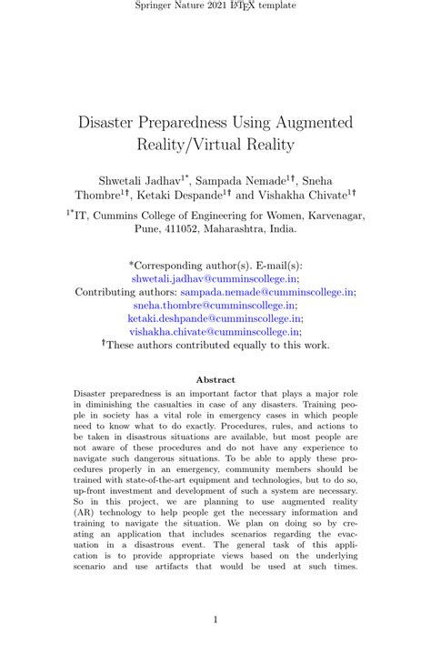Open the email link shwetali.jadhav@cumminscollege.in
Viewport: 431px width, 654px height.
pos(215,279)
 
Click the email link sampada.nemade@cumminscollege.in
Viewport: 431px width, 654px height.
pos(266,293)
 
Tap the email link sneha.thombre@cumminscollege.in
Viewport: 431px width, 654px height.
pos(215,307)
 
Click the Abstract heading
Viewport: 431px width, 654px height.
pos(215,379)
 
